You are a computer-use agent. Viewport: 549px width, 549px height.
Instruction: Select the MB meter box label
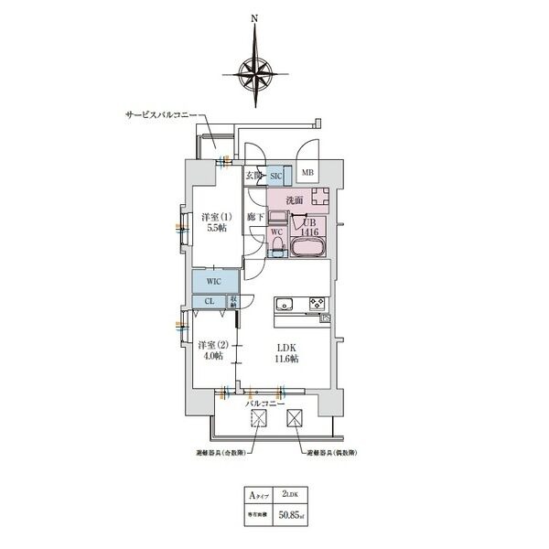pos(307,172)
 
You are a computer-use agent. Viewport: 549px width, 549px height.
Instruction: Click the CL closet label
pos(209,301)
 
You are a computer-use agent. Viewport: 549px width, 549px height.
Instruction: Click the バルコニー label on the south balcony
pos(265,402)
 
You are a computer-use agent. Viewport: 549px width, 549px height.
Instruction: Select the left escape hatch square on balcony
pos(259,419)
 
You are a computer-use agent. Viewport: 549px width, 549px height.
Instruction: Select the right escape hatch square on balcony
pos(296,419)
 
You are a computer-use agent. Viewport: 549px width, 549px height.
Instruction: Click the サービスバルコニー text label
pos(162,117)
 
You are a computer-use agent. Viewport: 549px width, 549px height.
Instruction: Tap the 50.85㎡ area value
pos(293,515)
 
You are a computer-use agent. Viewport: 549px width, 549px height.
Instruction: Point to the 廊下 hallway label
pos(257,217)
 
